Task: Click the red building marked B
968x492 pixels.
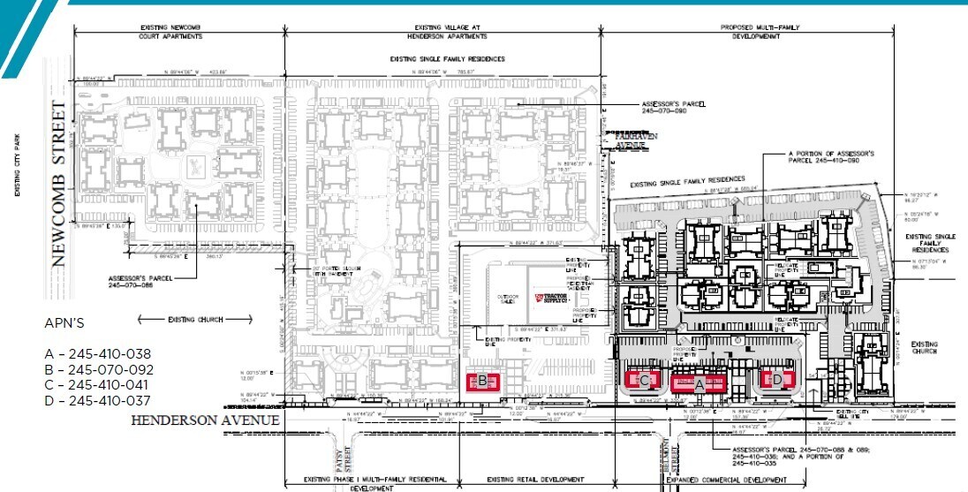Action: [483, 382]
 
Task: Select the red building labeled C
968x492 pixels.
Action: [645, 381]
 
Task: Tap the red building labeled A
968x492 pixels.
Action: [699, 383]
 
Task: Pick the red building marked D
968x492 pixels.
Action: [776, 381]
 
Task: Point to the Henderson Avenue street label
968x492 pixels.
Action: [205, 421]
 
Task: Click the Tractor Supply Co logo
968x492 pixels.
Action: [558, 298]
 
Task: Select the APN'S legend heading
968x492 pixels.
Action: [64, 322]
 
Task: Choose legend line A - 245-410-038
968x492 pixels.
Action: [98, 354]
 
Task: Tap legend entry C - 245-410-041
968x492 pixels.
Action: [98, 385]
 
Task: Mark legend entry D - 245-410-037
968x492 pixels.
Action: [98, 401]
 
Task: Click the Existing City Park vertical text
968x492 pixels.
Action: [17, 165]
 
